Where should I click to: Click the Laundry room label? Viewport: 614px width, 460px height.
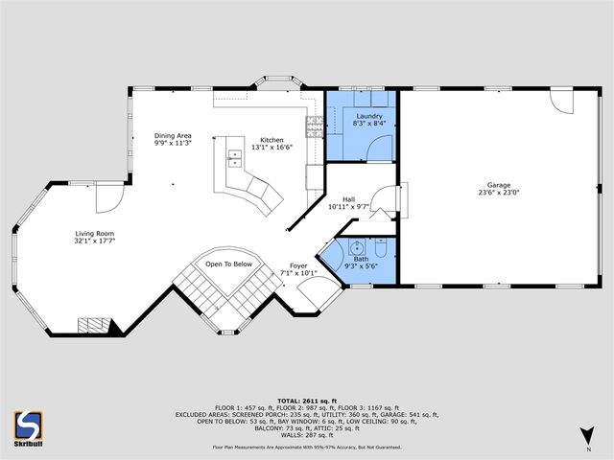click(x=369, y=116)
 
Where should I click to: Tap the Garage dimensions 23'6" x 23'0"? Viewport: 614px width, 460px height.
click(x=498, y=193)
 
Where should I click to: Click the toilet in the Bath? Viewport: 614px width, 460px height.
click(x=381, y=251)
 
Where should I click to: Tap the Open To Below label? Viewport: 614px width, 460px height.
click(x=228, y=264)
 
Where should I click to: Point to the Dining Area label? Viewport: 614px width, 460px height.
click(x=174, y=135)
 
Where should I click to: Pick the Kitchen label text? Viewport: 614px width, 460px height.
click(x=272, y=140)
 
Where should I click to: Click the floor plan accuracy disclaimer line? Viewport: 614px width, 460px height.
click(x=306, y=447)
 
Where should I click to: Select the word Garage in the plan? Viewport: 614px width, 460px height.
click(x=498, y=185)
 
